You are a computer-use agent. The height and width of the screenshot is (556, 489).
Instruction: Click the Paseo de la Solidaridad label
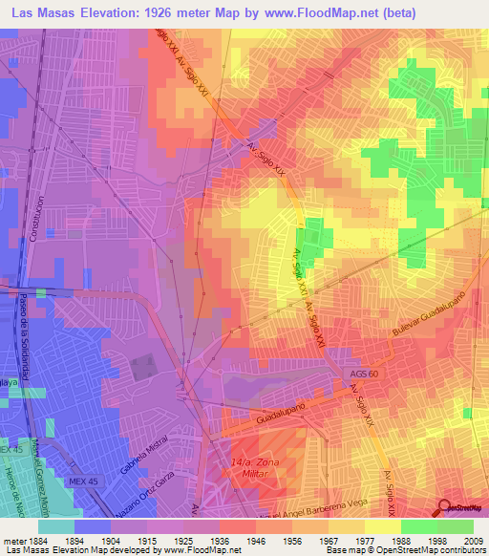tap(23, 340)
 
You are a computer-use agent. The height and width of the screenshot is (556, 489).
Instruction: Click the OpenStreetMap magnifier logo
tap(443, 507)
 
